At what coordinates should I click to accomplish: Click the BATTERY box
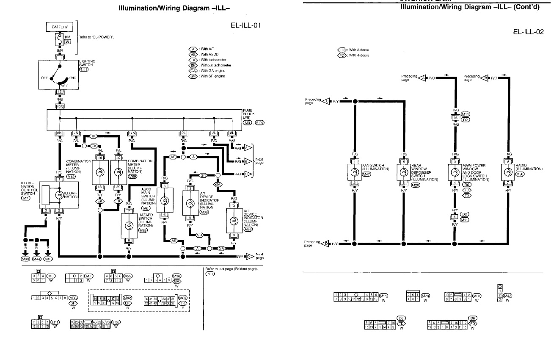click(x=60, y=27)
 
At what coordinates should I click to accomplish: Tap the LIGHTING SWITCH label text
click(x=87, y=63)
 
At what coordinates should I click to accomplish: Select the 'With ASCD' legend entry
click(x=209, y=54)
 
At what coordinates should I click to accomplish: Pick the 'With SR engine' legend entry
click(x=212, y=76)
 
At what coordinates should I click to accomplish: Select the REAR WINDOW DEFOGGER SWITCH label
click(x=424, y=172)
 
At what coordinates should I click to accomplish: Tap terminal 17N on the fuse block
click(x=132, y=133)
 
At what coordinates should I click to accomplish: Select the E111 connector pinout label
click(x=55, y=322)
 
